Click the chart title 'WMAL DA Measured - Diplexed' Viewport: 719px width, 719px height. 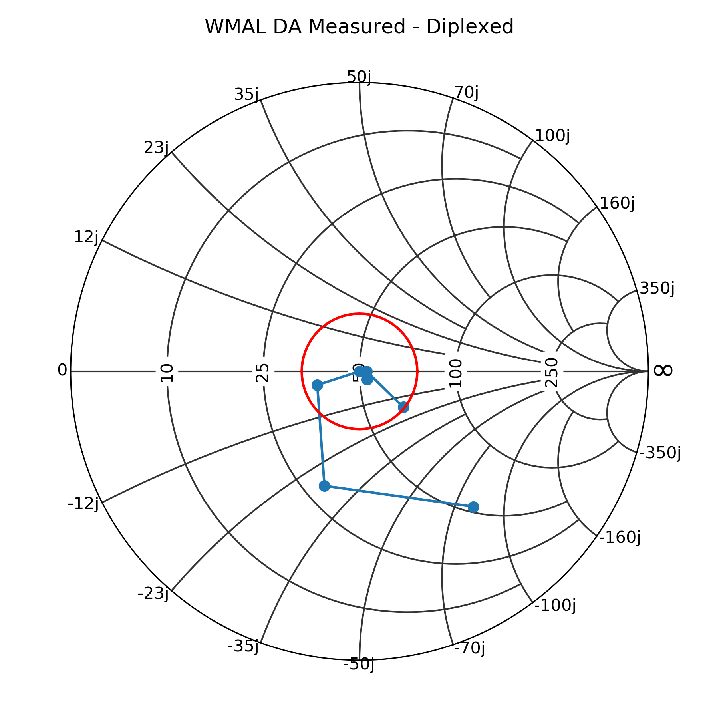[359, 27]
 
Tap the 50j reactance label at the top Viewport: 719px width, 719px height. [359, 77]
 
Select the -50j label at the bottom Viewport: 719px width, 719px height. [359, 664]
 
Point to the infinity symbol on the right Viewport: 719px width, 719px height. [663, 370]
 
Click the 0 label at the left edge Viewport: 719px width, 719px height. [62, 370]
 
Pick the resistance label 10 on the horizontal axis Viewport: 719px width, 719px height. [167, 372]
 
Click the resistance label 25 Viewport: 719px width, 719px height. [263, 372]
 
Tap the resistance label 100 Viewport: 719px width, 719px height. [456, 373]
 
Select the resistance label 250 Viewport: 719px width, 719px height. [552, 372]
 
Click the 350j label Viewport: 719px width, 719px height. [657, 288]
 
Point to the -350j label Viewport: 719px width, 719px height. [660, 453]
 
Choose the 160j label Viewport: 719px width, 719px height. [617, 203]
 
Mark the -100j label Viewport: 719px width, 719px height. [555, 606]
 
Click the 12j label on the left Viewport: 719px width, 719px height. [86, 237]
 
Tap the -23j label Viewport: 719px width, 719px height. [153, 594]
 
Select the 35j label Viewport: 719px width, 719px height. [246, 95]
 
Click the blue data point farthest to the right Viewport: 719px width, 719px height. [473, 507]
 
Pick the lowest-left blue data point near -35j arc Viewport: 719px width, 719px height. [325, 486]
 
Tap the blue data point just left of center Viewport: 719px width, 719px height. [317, 385]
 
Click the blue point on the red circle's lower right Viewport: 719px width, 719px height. [403, 407]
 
